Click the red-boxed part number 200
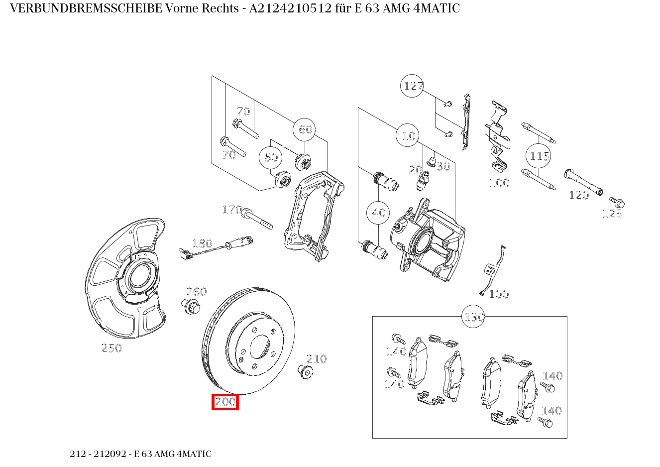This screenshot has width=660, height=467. pos(225,402)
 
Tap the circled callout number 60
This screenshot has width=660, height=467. pos(305,129)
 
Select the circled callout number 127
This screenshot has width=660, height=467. pos(413,86)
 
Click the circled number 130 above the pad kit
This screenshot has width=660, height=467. pos(474,317)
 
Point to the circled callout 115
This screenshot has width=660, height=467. pos(539,156)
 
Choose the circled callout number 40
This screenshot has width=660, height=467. pos(378,213)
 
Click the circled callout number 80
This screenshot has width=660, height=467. pos(271,157)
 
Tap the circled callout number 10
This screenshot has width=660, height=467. pos(408,135)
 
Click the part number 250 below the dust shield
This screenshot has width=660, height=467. pos(111,348)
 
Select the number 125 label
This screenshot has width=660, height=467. pos(612,214)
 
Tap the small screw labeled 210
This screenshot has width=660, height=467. pos(303,371)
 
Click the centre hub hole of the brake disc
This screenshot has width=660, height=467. pos(259,347)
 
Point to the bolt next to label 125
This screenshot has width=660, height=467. pos(617,202)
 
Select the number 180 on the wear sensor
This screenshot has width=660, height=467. pos(202,243)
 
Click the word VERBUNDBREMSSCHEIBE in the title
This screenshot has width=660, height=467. pos(86,8)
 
